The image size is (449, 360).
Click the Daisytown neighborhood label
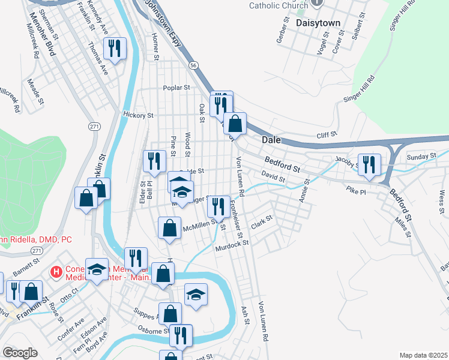click(318, 23)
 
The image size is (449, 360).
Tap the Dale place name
click(272, 139)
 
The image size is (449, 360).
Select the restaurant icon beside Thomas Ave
click(114, 48)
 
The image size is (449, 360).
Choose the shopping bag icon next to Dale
click(235, 124)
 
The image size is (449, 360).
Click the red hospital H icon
click(56, 272)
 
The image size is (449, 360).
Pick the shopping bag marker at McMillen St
click(170, 228)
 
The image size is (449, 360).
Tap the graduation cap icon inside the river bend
click(196, 295)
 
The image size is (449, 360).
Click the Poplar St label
click(176, 88)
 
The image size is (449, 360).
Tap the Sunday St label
click(421, 157)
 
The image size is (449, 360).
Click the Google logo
click(20, 353)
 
